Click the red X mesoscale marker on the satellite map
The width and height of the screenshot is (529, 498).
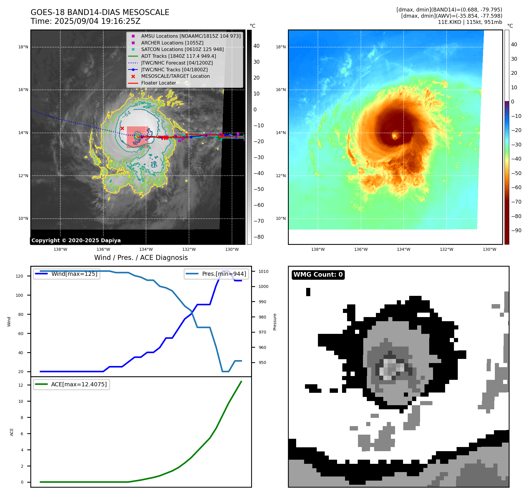click(x=122, y=128)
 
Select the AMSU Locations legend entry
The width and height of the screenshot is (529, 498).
click(x=191, y=36)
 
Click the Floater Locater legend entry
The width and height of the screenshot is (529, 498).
click(x=158, y=83)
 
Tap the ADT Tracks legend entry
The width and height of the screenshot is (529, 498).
click(x=178, y=56)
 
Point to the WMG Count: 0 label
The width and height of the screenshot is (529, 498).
click(x=318, y=275)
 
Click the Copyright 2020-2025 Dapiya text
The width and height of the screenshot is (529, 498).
click(x=76, y=240)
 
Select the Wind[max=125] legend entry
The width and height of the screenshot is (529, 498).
click(x=74, y=274)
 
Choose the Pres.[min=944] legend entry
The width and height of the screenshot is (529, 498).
click(x=224, y=274)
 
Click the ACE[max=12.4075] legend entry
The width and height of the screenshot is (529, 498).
click(x=79, y=384)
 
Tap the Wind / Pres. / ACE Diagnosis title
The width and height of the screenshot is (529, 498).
click(x=141, y=258)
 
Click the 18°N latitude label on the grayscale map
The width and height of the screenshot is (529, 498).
click(x=23, y=47)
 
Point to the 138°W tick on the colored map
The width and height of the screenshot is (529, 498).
click(x=318, y=249)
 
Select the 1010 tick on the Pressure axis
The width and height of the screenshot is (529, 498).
click(x=263, y=271)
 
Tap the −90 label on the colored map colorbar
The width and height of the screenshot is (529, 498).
click(x=516, y=230)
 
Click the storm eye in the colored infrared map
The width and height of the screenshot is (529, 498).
click(x=395, y=136)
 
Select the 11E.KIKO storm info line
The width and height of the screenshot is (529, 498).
click(x=470, y=22)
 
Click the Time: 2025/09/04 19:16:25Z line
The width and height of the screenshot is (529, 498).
click(x=85, y=22)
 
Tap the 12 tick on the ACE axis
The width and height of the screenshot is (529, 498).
click(x=21, y=385)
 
